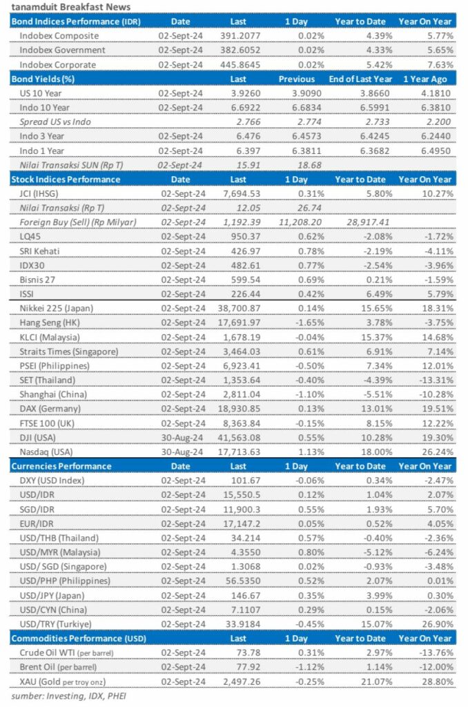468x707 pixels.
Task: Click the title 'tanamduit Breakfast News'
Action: (72, 8)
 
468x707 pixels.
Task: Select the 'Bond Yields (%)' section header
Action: (43, 79)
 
